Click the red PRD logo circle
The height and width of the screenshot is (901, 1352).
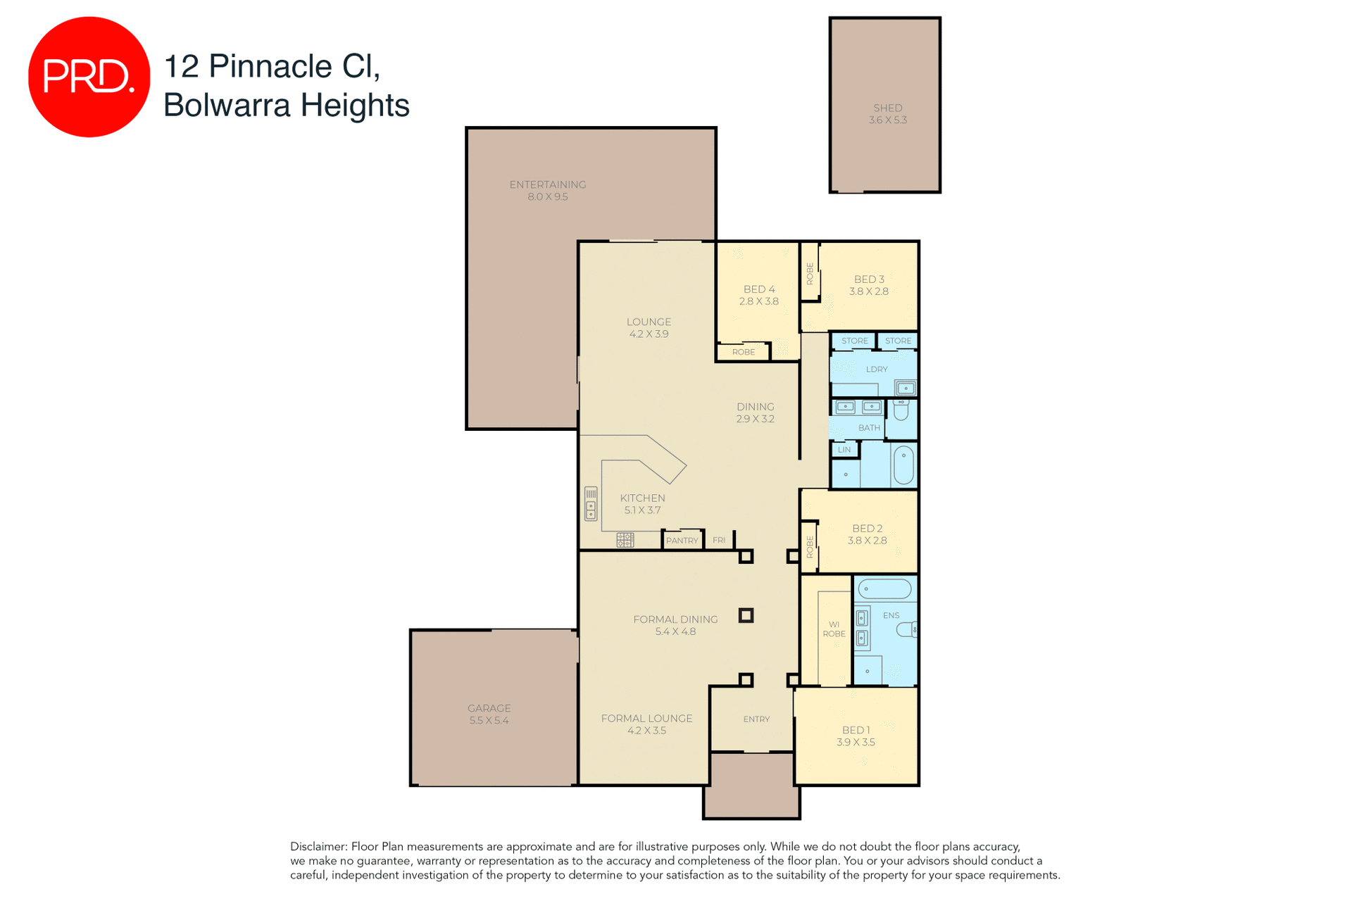(x=89, y=77)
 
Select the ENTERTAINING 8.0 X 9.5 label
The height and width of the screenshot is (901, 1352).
(x=547, y=190)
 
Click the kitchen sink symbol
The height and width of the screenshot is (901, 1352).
(x=591, y=503)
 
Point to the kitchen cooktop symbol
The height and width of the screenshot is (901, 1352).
(x=625, y=540)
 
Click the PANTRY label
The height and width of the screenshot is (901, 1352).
(x=682, y=541)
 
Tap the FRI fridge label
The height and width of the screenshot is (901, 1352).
(x=718, y=541)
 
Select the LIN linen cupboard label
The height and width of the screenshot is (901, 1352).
(x=844, y=450)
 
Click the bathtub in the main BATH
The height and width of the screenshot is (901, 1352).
(x=903, y=465)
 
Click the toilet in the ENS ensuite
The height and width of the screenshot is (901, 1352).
(x=906, y=629)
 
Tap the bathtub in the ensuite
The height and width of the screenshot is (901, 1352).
(x=884, y=589)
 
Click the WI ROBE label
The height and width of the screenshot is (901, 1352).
(x=834, y=629)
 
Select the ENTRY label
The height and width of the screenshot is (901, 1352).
(x=756, y=719)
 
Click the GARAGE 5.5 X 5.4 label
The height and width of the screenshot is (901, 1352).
(x=489, y=714)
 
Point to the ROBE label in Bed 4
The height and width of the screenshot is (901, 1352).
(x=743, y=352)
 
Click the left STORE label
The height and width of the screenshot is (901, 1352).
(x=854, y=341)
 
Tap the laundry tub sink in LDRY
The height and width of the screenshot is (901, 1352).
(x=905, y=388)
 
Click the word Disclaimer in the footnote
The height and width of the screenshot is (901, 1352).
(x=318, y=847)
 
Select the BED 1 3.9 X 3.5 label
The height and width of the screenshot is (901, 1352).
(x=856, y=736)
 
